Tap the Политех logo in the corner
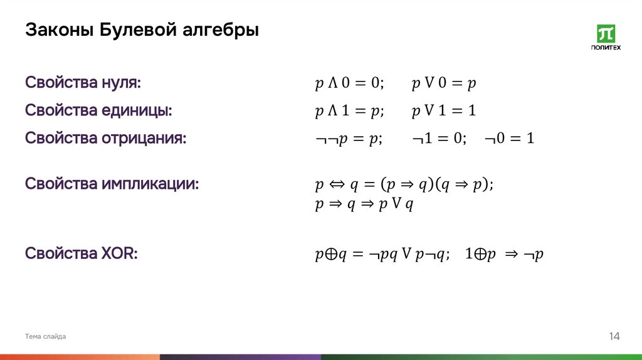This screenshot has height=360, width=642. (606, 38)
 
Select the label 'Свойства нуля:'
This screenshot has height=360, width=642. (83, 83)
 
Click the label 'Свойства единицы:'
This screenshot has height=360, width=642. (98, 111)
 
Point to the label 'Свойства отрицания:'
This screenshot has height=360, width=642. (106, 139)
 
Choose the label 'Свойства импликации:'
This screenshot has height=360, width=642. (112, 184)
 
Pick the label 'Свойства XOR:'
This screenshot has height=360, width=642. (82, 254)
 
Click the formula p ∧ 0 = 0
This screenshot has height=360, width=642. (349, 83)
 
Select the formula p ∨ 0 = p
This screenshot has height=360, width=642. (445, 83)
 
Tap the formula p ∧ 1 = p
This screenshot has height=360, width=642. (349, 112)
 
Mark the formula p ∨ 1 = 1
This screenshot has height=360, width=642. (445, 112)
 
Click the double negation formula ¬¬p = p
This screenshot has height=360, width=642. (348, 139)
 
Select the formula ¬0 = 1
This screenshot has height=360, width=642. (508, 139)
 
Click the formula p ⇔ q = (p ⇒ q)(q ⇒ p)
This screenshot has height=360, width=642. (404, 185)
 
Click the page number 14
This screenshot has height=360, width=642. (614, 337)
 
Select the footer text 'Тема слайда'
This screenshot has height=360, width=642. (45, 337)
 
